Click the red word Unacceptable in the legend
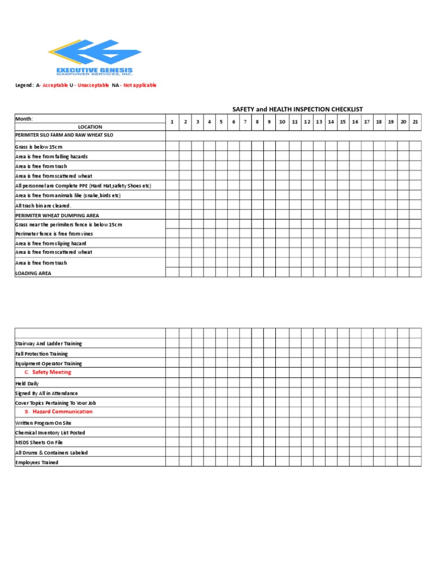[x=93, y=85]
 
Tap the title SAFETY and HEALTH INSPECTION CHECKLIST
[x=297, y=109]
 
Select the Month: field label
[x=24, y=119]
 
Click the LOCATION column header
[x=90, y=127]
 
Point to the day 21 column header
[x=415, y=122]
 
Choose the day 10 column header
[x=282, y=122]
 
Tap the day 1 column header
[x=172, y=122]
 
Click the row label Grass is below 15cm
[x=39, y=147]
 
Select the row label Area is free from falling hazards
[x=52, y=157]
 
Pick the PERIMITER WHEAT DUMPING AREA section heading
[x=57, y=215]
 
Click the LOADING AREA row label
[x=33, y=273]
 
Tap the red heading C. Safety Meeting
[x=48, y=373]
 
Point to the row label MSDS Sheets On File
[x=39, y=443]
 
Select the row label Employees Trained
[x=37, y=463]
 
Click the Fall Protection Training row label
[x=41, y=353]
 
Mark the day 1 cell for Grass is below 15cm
[x=172, y=146]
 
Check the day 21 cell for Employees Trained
[x=415, y=462]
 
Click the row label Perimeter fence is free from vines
[x=54, y=234]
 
